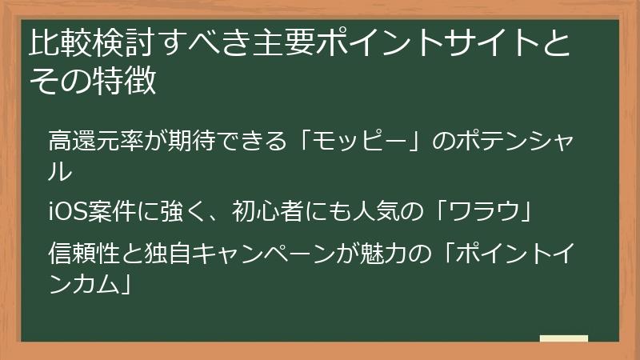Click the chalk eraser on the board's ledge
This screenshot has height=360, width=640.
563,338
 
